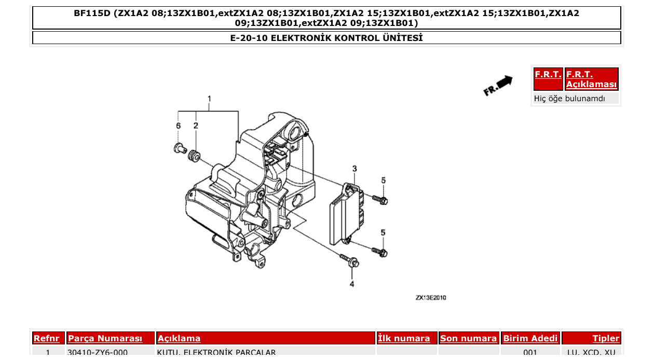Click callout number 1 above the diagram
tap(209, 99)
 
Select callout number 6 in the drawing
tap(178, 126)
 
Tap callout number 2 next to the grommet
tap(196, 126)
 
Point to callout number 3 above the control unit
tap(355, 169)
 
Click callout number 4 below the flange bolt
tap(351, 284)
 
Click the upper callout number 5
tap(384, 181)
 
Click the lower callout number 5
tap(383, 232)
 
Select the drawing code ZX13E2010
tap(430, 298)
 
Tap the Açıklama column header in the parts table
tap(179, 338)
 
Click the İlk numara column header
tap(404, 338)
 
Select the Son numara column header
tap(468, 338)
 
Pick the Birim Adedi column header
tap(530, 338)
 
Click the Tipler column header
tap(606, 338)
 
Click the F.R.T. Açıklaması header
tap(591, 79)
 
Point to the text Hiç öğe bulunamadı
tap(569, 98)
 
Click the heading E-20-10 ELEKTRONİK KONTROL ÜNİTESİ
tap(326, 38)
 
